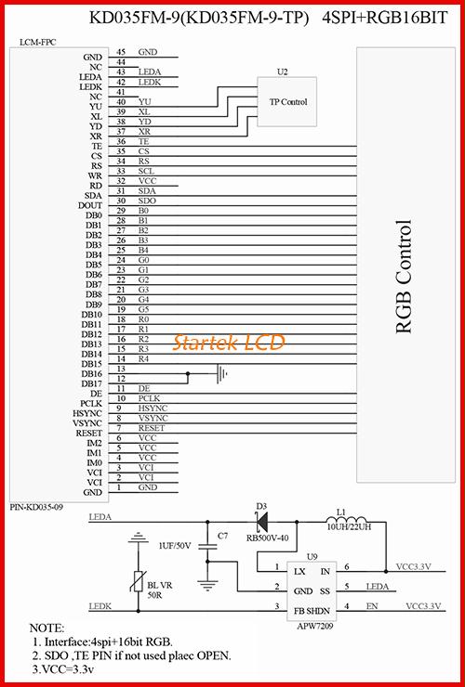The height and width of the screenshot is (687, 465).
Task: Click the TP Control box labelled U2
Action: click(286, 101)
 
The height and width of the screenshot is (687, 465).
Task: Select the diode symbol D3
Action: click(262, 522)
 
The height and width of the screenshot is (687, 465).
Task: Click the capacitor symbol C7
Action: click(207, 547)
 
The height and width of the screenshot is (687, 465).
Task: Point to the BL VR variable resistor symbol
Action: click(139, 582)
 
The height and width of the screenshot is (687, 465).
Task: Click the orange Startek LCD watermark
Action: click(229, 342)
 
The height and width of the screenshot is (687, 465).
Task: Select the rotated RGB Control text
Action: click(404, 277)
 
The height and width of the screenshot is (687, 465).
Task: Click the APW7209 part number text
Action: click(315, 627)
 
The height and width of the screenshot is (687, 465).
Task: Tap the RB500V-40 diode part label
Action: click(268, 538)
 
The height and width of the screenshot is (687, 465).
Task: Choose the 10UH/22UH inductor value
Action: click(349, 527)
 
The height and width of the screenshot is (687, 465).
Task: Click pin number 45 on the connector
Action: click(121, 52)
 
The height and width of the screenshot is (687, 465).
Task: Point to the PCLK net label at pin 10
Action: click(150, 398)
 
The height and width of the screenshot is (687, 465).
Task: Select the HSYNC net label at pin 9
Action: click(153, 408)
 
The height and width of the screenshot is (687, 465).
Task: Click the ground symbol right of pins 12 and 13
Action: click(222, 374)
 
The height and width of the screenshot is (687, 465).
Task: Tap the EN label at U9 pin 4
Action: click(372, 606)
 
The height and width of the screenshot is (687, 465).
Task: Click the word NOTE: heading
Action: click(46, 628)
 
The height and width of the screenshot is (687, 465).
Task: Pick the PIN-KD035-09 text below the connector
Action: click(36, 508)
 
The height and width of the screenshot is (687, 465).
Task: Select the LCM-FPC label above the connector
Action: click(38, 42)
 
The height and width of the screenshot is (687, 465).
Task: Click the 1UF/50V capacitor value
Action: click(175, 546)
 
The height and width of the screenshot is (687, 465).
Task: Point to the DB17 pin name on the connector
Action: click(91, 383)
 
